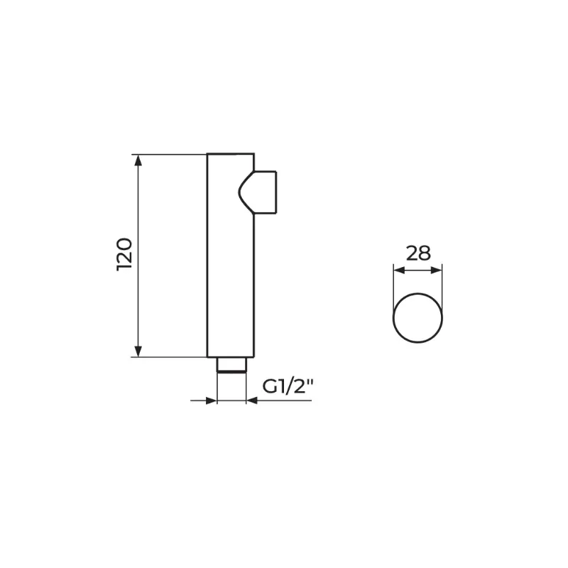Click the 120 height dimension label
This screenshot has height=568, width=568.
[125, 254]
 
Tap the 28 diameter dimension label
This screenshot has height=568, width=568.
[418, 253]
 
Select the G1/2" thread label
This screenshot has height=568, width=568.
[288, 387]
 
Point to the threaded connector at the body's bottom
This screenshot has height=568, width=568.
[231, 364]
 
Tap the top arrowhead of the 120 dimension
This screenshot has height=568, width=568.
[138, 160]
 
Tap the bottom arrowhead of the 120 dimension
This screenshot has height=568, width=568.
[138, 351]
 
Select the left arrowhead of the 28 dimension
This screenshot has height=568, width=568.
[399, 271]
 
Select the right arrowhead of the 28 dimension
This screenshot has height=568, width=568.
[437, 271]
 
